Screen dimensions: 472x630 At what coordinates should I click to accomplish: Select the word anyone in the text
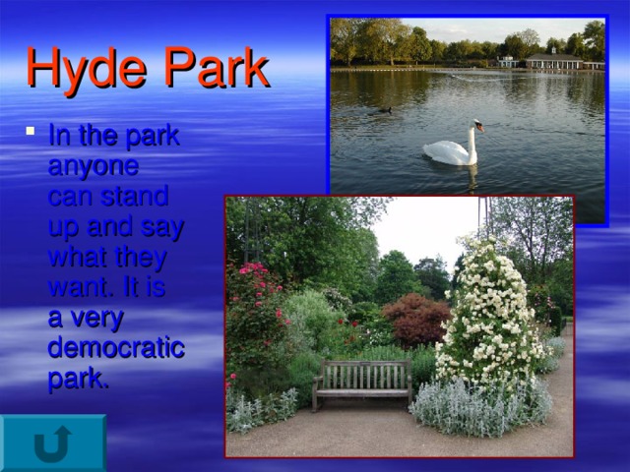(94, 166)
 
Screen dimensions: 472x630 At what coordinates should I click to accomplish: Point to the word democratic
(116, 349)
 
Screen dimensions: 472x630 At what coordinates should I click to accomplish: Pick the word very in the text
(99, 320)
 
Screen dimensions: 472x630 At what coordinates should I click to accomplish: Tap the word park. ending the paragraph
(79, 380)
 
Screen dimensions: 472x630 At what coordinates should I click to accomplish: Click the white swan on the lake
(451, 150)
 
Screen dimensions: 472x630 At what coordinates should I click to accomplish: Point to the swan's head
(477, 125)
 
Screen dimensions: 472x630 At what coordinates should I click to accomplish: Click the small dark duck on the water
(384, 109)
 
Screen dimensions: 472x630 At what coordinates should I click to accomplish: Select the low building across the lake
(554, 62)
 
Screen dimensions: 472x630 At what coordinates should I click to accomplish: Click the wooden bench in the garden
(362, 382)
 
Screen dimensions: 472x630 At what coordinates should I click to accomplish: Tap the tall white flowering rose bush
(488, 315)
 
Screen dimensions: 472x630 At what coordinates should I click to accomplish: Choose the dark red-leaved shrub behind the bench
(415, 319)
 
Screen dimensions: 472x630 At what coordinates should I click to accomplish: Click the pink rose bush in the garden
(253, 305)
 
